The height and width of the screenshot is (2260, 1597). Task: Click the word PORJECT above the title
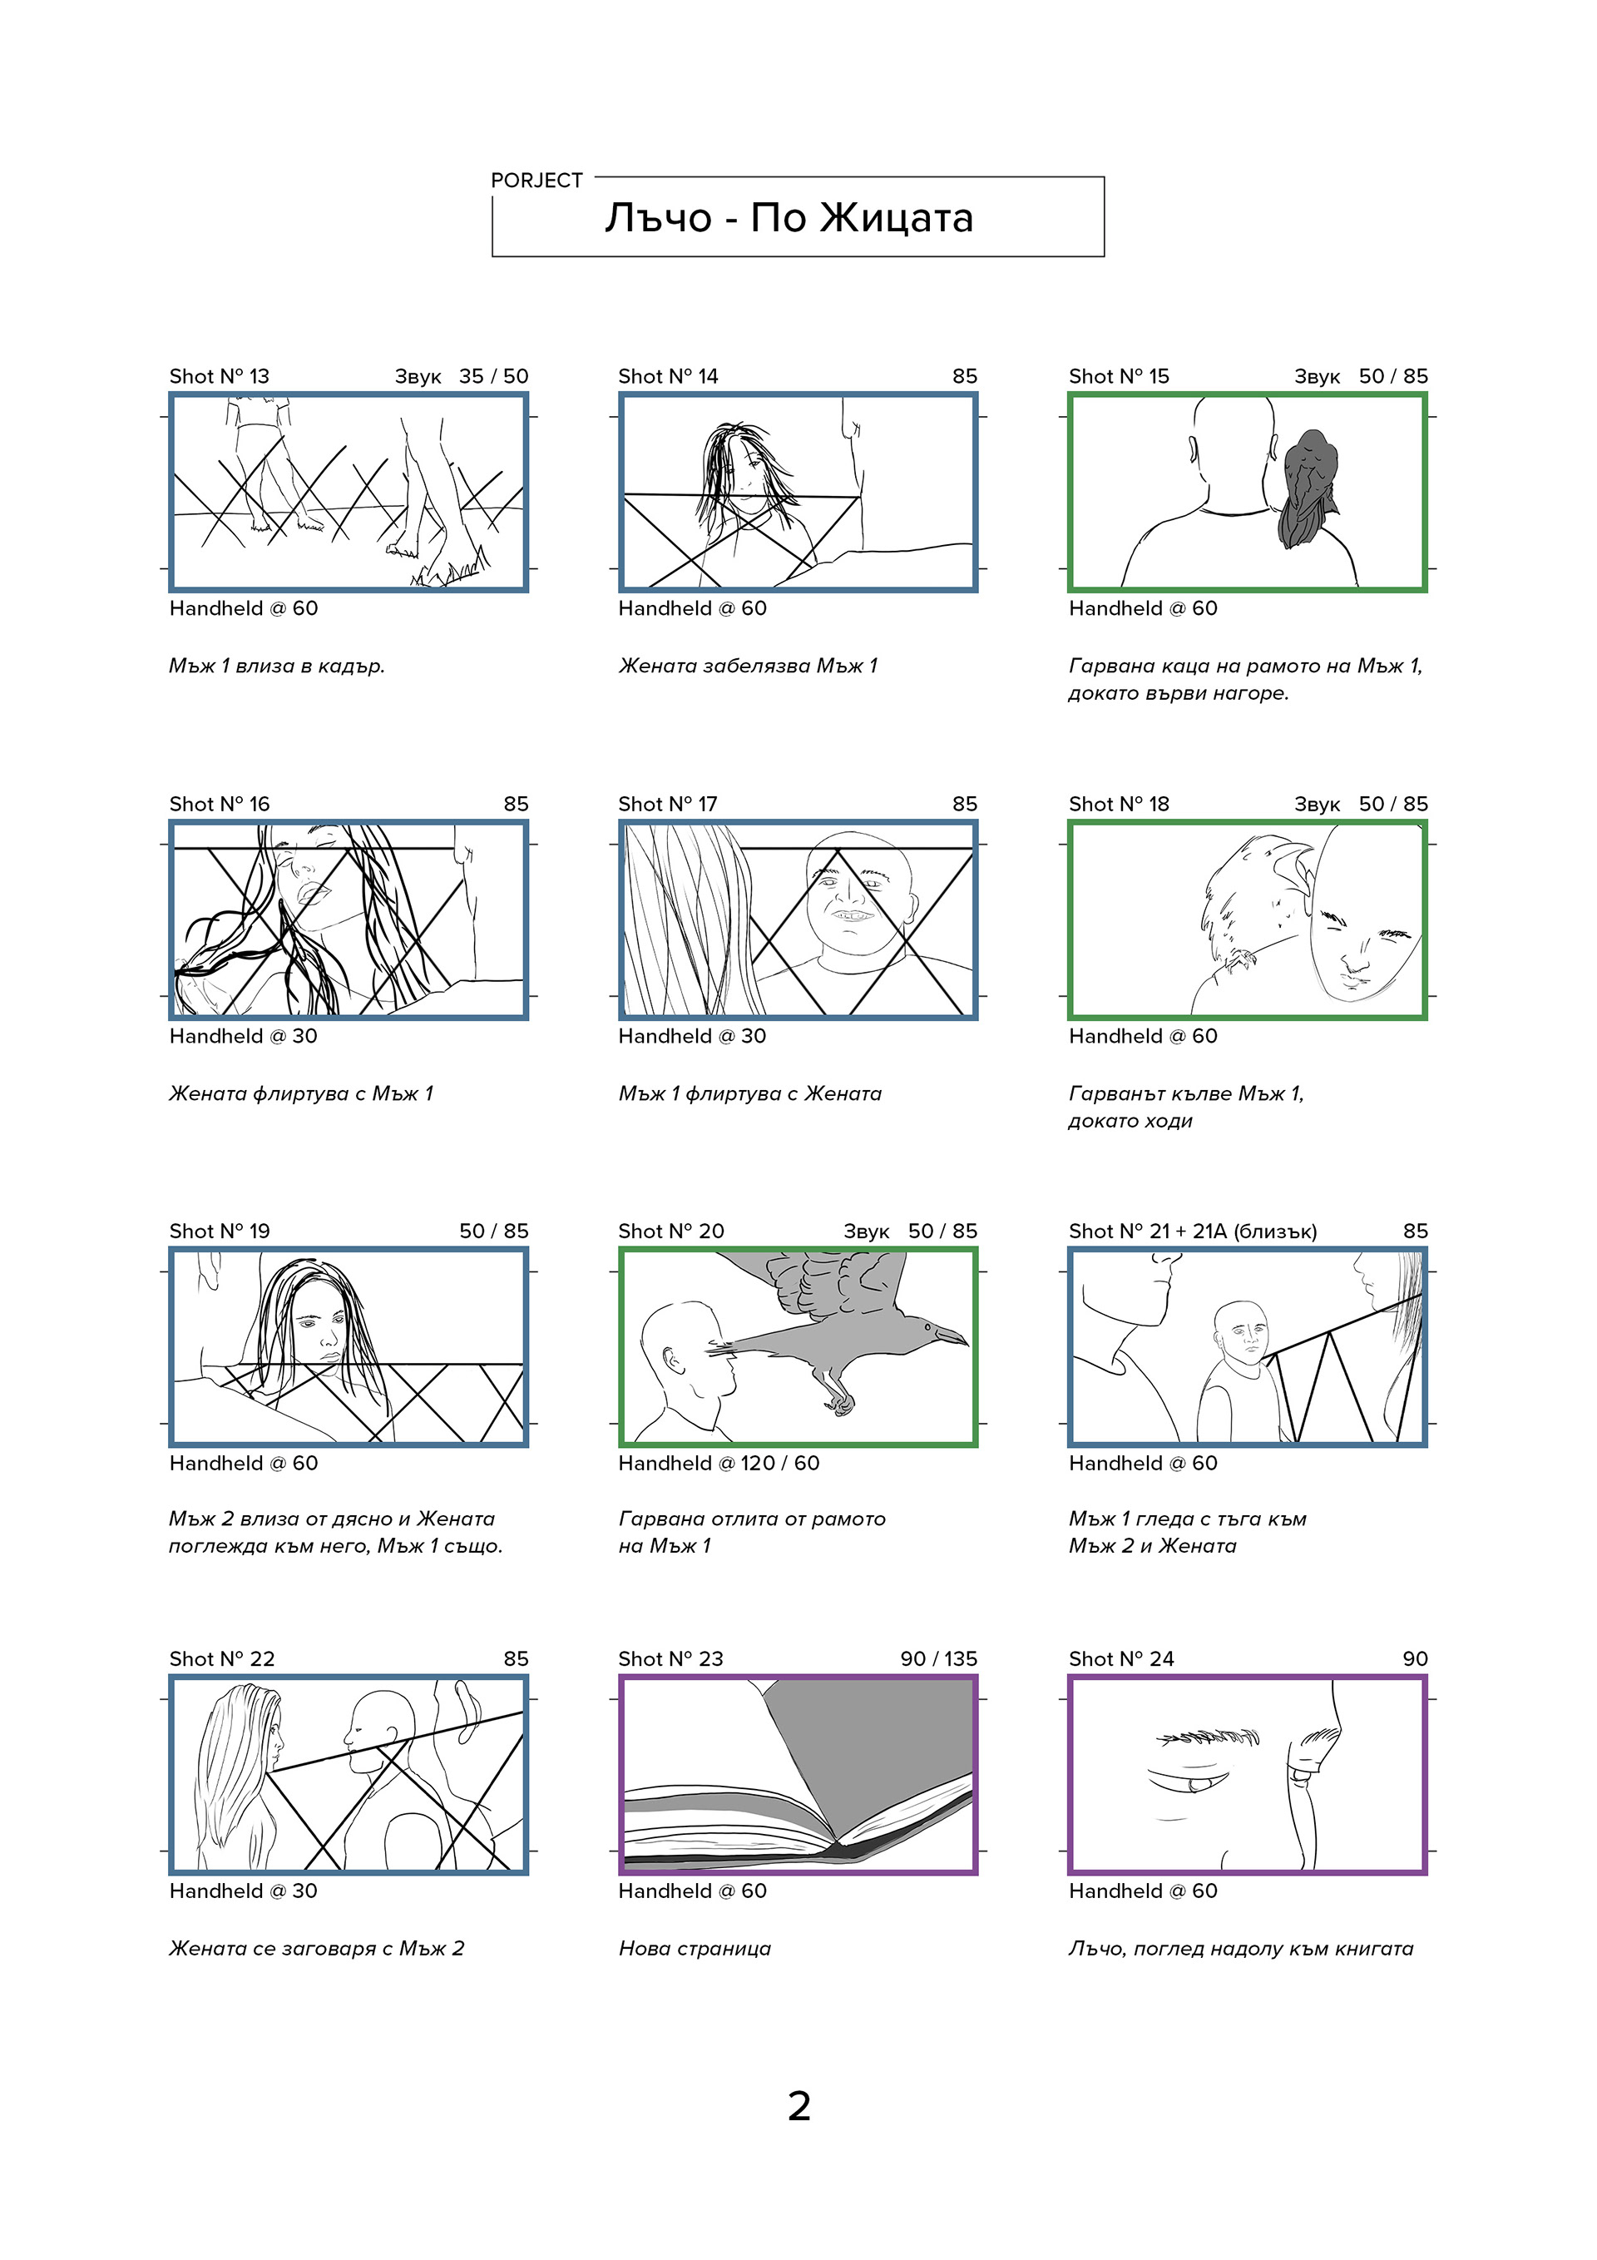pyautogui.click(x=536, y=180)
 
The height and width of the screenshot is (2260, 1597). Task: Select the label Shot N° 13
pyautogui.click(x=219, y=376)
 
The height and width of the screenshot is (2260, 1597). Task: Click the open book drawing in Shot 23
pyautogui.click(x=798, y=1775)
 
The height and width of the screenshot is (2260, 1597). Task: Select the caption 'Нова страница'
pyautogui.click(x=695, y=1948)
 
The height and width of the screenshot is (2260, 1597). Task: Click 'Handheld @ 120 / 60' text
pyautogui.click(x=719, y=1463)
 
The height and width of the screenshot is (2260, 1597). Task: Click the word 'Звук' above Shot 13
pyautogui.click(x=418, y=376)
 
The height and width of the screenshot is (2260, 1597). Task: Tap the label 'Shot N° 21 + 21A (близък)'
pyautogui.click(x=1192, y=1231)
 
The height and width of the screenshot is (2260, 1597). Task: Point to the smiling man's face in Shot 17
pyautogui.click(x=852, y=895)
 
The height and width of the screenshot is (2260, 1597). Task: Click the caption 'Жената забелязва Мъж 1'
pyautogui.click(x=748, y=666)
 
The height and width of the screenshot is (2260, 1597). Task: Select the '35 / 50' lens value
pyautogui.click(x=493, y=376)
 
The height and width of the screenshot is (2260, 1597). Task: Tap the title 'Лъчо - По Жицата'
pyautogui.click(x=789, y=217)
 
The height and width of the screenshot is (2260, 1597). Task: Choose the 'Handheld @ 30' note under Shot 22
pyautogui.click(x=243, y=1890)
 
